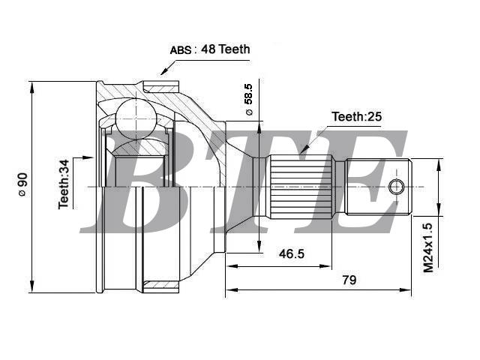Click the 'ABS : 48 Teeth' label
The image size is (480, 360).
(210, 49)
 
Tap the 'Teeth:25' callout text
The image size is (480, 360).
(357, 117)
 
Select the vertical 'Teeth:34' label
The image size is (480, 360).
(64, 184)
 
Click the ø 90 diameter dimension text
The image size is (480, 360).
(22, 184)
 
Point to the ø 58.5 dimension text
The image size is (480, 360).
(249, 99)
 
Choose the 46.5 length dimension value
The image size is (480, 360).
(292, 253)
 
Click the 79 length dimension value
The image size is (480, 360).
(349, 280)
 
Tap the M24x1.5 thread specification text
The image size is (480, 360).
(428, 247)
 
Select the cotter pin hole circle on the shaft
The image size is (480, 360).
(397, 187)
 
